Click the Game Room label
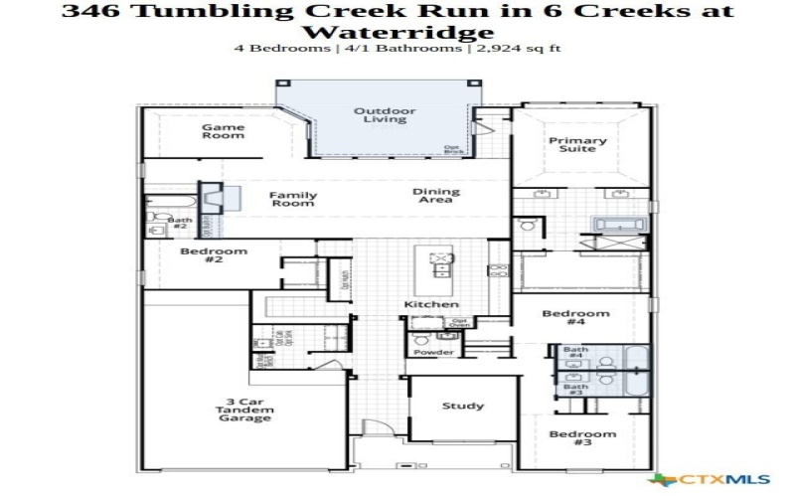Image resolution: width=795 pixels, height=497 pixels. (x=224, y=131)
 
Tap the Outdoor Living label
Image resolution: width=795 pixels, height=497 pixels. (x=385, y=115)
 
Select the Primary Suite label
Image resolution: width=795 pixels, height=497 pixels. (x=577, y=145)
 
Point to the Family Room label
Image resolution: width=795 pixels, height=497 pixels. (x=293, y=199)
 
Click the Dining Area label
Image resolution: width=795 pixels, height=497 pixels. (x=436, y=196)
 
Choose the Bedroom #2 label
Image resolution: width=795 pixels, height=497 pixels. (x=214, y=255)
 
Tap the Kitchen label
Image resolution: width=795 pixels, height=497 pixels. (x=431, y=304)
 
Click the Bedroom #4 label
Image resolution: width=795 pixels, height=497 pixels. (x=575, y=317)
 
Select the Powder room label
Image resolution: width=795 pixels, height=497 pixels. (x=434, y=352)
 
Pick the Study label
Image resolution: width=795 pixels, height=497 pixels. (x=463, y=406)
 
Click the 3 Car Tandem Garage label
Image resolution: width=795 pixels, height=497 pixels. (x=244, y=411)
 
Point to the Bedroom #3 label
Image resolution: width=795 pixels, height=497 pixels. (x=582, y=438)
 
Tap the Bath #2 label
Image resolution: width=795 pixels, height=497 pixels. (x=180, y=224)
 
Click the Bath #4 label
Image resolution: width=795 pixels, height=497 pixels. (x=575, y=353)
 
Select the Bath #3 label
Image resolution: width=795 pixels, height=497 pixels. (x=575, y=391)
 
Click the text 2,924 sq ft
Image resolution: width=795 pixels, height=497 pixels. (x=521, y=48)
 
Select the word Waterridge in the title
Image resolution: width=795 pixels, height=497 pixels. (x=397, y=32)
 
